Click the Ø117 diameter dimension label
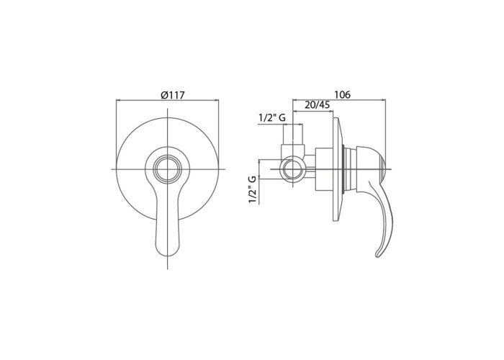click(172, 95)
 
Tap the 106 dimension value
click(342, 95)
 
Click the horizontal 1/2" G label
click(272, 118)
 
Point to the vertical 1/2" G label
click(253, 189)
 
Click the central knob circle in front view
click(168, 169)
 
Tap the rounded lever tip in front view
click(168, 251)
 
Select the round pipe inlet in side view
click(292, 169)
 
